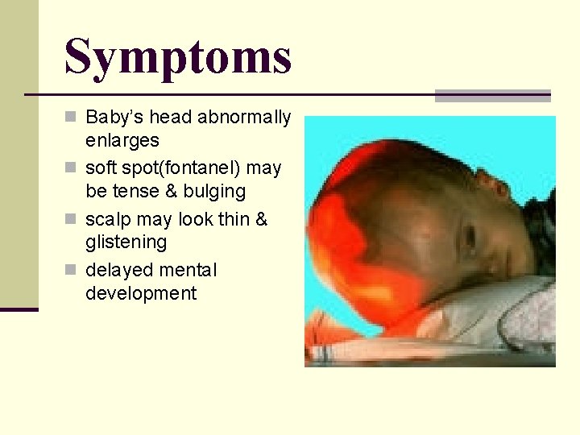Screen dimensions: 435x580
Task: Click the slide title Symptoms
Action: (178, 56)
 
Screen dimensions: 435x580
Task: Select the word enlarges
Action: (122, 141)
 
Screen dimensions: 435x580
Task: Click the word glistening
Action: (126, 242)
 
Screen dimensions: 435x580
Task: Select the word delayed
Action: (117, 270)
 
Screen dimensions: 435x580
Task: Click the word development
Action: (141, 293)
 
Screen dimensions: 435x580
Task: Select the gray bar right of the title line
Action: (492, 96)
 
